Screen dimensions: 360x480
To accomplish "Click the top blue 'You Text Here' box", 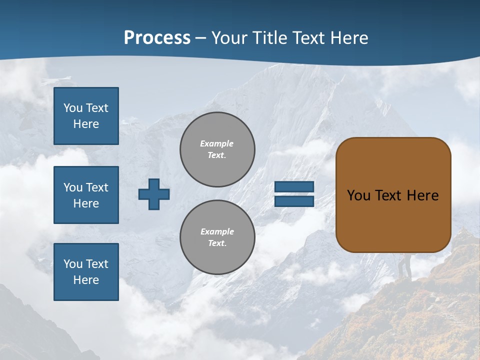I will pos(86,116).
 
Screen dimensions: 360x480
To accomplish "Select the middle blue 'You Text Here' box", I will pos(86,195).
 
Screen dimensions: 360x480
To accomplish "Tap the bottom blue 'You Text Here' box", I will pos(86,272).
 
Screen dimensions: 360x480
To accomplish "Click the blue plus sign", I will pos(154,194).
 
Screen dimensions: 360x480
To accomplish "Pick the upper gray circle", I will pos(217,149).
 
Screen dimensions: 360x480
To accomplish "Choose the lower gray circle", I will pos(217,237).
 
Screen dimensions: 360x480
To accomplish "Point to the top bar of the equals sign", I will pos(294,186).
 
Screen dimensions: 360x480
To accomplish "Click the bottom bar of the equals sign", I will pos(294,201).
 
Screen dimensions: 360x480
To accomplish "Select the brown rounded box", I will pos(393,195).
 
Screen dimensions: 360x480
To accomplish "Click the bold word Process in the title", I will pos(157,38).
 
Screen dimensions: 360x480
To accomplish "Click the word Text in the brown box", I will pos(388,195).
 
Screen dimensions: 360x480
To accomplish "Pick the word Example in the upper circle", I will pos(217,143).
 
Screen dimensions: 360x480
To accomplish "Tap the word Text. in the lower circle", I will pos(217,243).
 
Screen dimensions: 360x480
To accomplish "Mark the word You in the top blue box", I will pos(73,108).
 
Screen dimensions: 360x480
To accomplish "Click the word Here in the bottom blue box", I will pos(86,280).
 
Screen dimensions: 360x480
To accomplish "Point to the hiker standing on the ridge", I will pos(404,265).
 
